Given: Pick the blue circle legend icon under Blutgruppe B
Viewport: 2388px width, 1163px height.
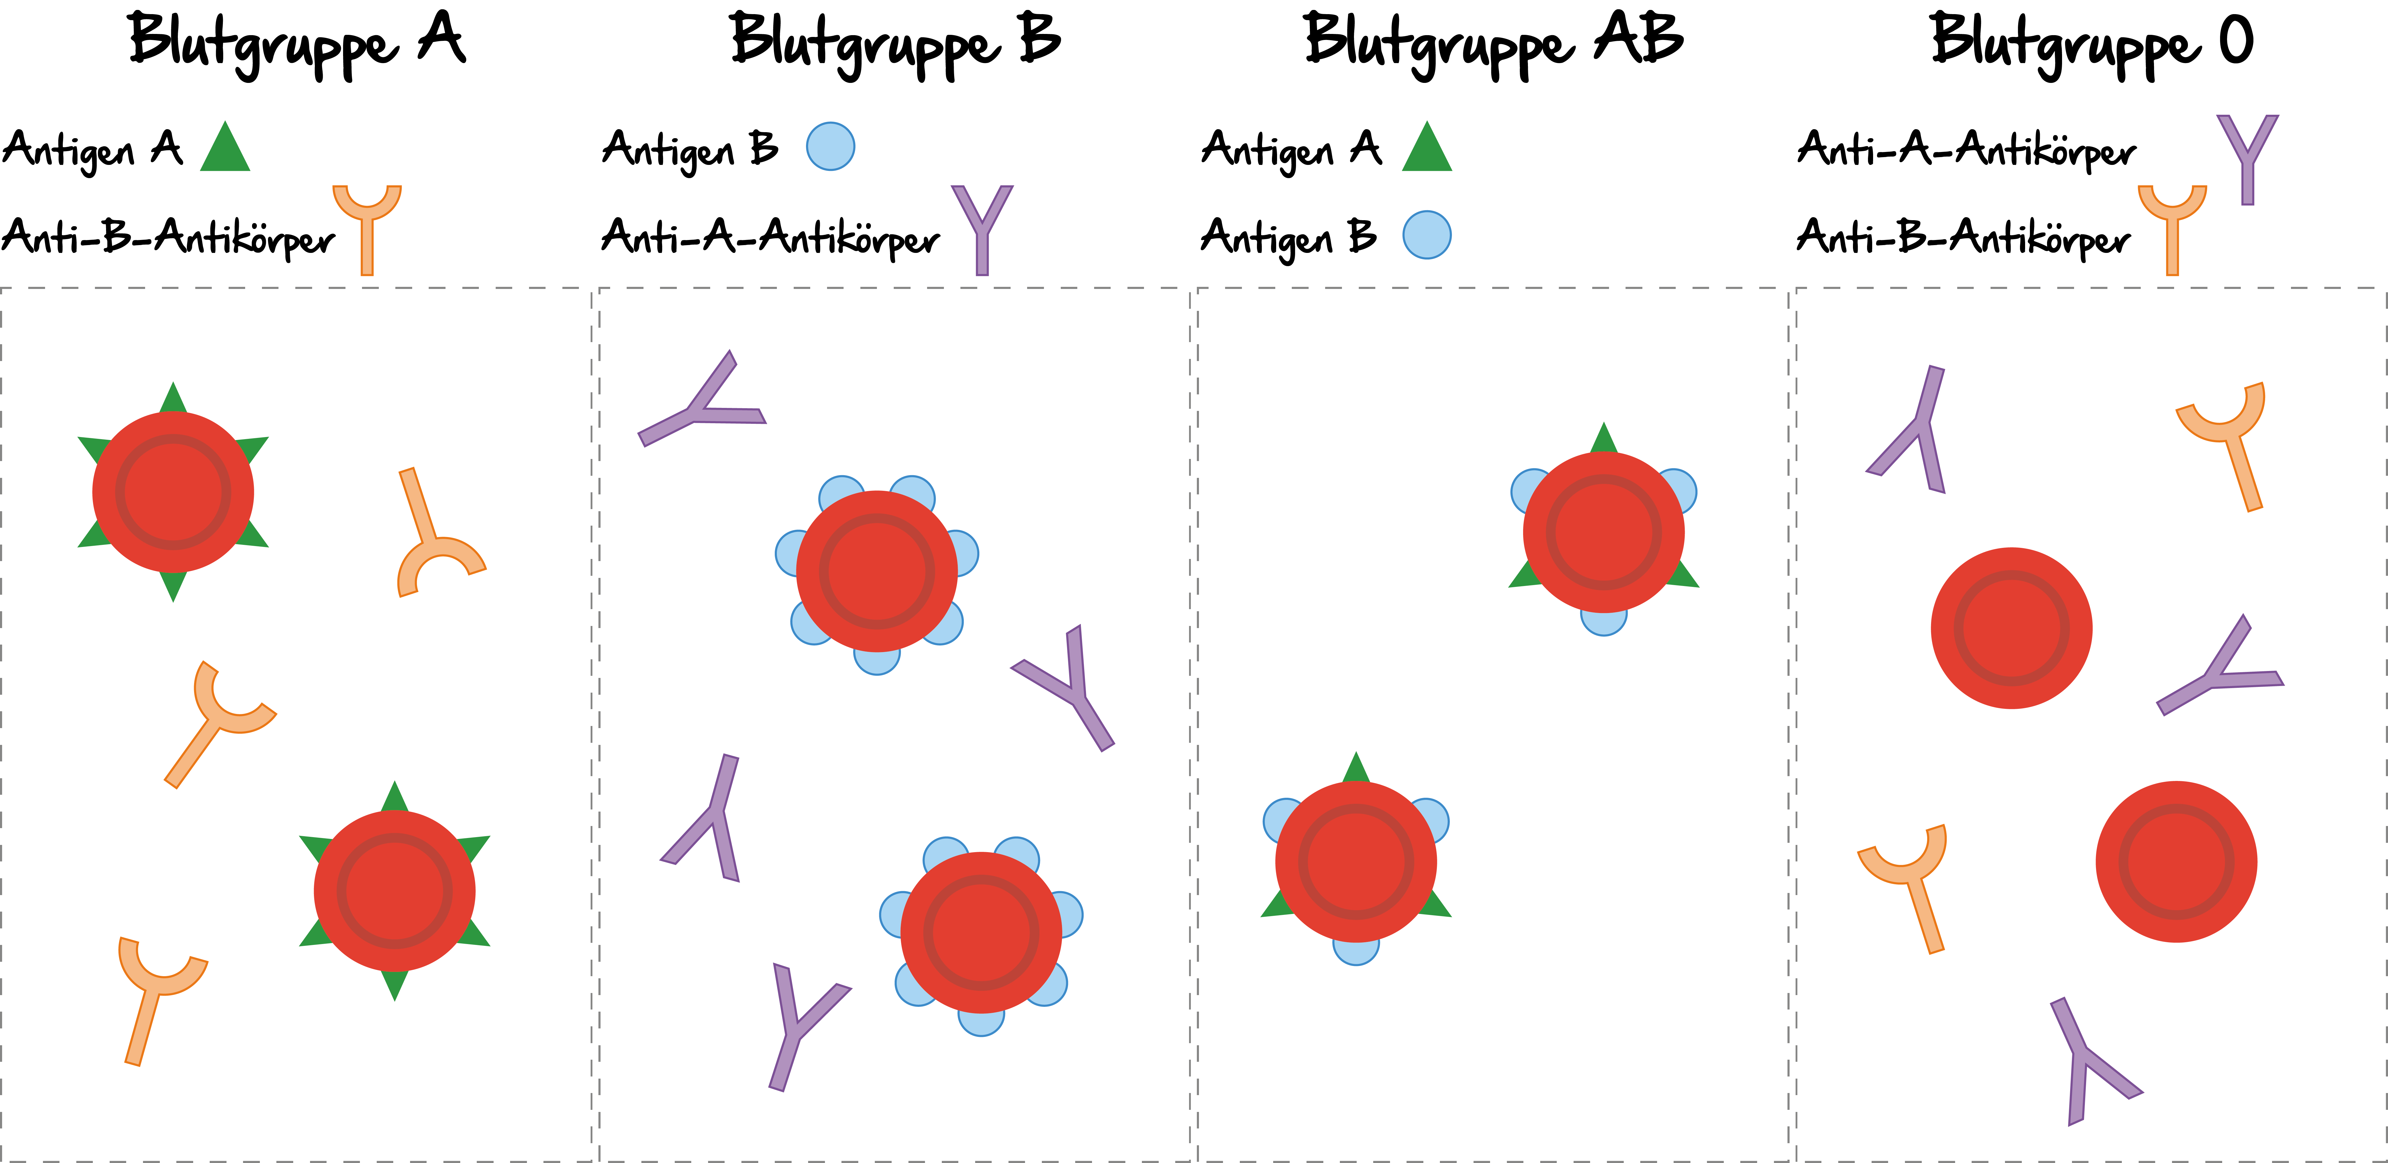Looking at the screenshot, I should [x=831, y=146].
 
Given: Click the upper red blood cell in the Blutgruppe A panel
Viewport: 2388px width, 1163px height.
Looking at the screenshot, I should [x=173, y=492].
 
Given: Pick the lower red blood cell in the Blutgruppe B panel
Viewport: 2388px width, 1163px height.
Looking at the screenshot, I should [x=981, y=932].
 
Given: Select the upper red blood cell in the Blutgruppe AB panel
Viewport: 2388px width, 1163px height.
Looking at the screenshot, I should [x=1604, y=532].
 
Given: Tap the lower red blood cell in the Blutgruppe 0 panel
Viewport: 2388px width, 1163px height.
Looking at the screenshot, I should [x=2177, y=862].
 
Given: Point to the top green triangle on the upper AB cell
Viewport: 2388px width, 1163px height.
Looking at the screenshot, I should [x=1604, y=438].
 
